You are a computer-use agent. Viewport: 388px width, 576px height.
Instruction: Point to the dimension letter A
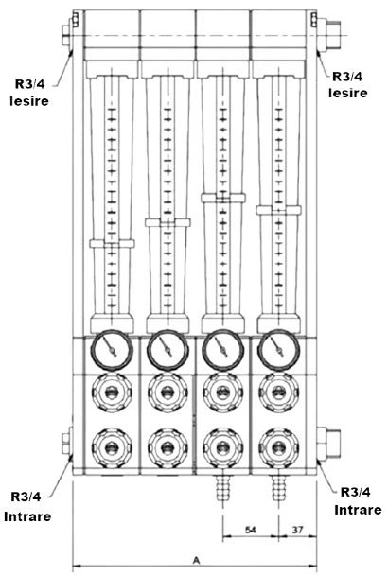pos(195,558)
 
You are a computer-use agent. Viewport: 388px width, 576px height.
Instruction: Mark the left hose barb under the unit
pos(223,490)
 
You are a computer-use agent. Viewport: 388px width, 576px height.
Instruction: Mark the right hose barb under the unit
pos(279,490)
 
